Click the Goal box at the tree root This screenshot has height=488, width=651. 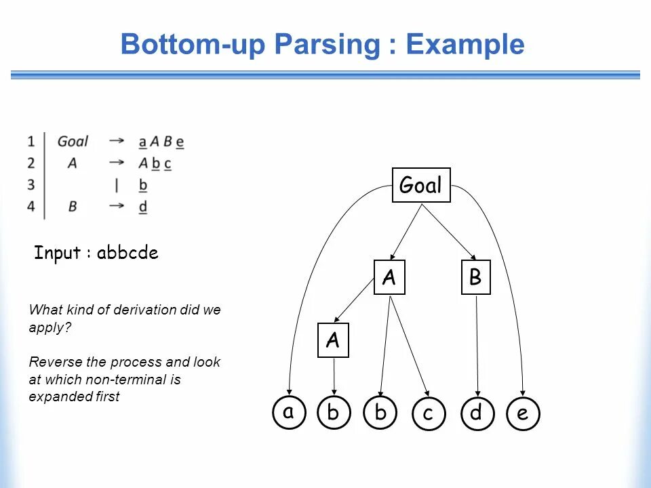[x=421, y=185]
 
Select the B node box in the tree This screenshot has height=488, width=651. [x=475, y=278]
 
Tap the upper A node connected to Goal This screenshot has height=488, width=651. [x=389, y=278]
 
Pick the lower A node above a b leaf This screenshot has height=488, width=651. [x=333, y=341]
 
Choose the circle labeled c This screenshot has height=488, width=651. [x=428, y=413]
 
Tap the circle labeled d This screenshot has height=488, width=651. [x=475, y=413]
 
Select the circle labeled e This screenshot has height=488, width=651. [x=523, y=413]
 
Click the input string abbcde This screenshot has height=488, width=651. [x=127, y=253]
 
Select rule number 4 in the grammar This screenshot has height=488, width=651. [x=31, y=207]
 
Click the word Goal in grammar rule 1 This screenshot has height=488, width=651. [x=73, y=142]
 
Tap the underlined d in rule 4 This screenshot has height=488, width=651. [x=143, y=207]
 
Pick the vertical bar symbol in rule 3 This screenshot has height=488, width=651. [x=117, y=185]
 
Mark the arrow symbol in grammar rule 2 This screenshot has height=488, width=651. [x=117, y=163]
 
